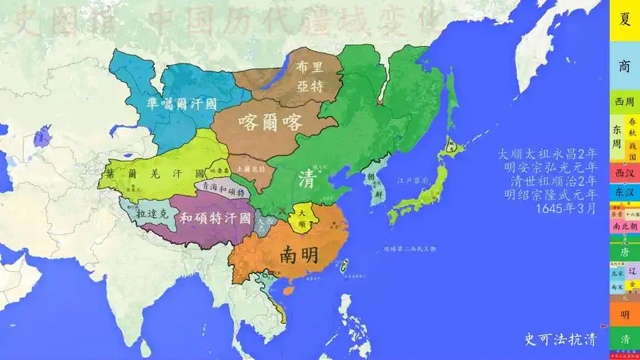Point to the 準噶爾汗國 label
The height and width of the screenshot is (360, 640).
[x=181, y=103]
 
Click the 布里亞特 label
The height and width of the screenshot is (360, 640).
[x=309, y=75]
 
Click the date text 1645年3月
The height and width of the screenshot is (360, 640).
[x=566, y=209]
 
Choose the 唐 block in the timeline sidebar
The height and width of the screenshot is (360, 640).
[x=624, y=252]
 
